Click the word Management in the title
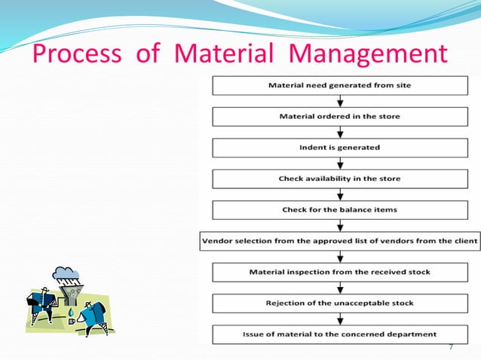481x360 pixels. [369, 55]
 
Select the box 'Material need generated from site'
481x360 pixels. [339, 86]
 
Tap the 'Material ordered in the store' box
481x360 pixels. [339, 117]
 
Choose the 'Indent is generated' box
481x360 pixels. [339, 148]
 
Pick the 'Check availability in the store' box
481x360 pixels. [339, 178]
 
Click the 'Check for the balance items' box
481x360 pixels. [339, 209]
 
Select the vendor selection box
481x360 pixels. [339, 241]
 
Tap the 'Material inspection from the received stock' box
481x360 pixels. [339, 271]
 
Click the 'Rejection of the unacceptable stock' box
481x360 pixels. [339, 303]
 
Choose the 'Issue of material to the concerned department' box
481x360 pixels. [339, 334]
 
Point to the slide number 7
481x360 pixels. [451, 347]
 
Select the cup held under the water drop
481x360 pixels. [72, 321]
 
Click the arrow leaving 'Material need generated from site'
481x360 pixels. [339, 101]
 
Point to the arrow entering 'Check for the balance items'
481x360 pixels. [339, 194]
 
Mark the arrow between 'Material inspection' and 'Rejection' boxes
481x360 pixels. [339, 287]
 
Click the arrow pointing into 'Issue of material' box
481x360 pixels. [339, 319]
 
